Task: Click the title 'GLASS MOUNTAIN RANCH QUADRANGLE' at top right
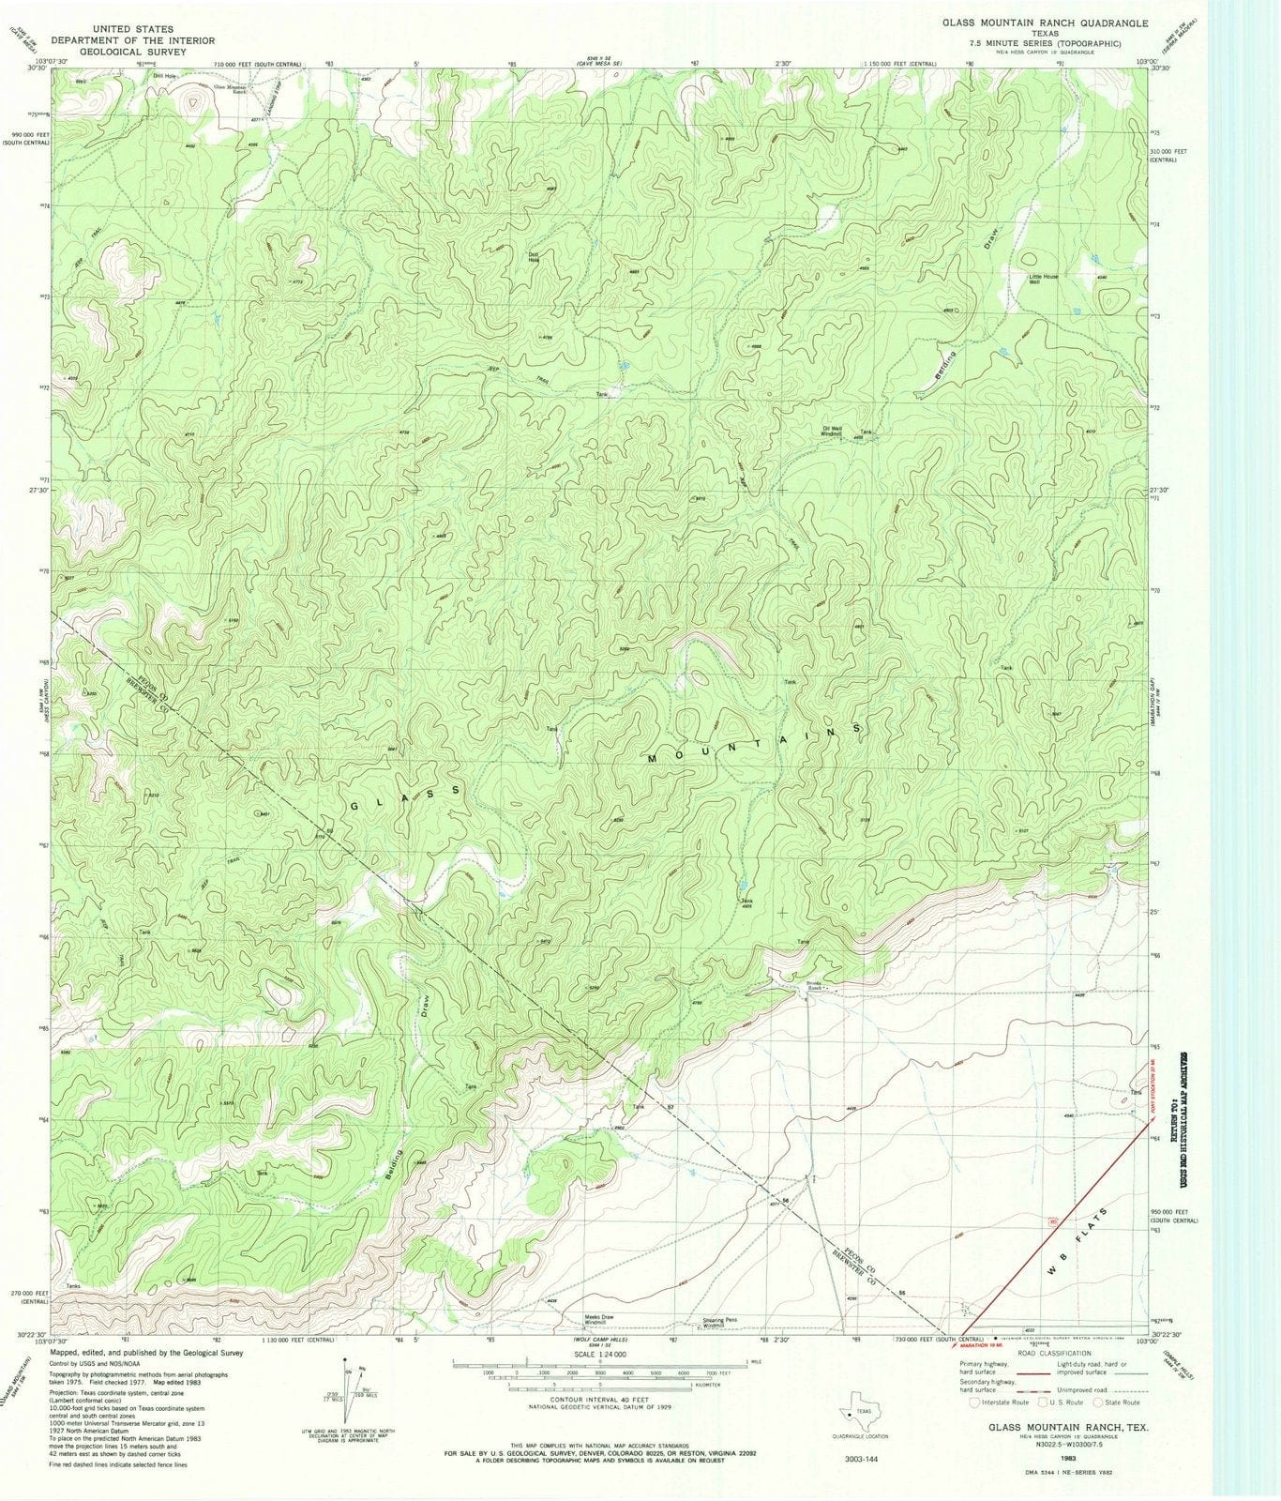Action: (1045, 22)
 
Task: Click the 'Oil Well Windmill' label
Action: (832, 432)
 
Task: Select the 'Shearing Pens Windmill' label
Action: (720, 1323)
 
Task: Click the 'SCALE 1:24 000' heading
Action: (599, 1356)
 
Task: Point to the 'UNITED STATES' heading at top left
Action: (132, 29)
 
